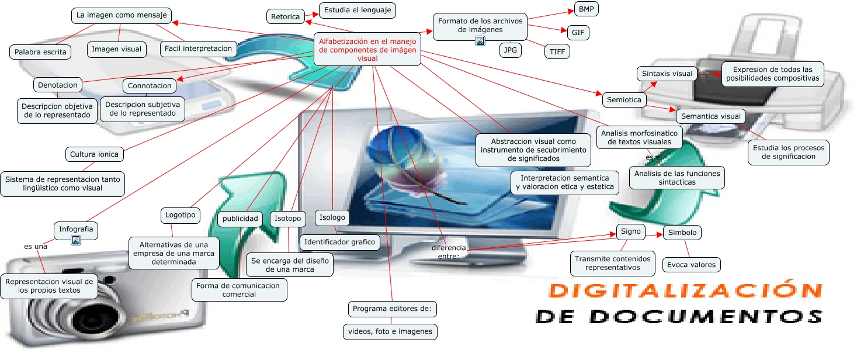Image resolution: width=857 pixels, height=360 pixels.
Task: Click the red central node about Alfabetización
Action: tap(367, 50)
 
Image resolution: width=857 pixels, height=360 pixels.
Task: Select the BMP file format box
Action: tap(587, 9)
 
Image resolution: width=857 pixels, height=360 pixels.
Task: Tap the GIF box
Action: tap(578, 33)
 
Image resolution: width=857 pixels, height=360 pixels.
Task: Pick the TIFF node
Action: tap(557, 51)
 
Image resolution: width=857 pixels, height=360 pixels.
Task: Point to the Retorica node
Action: tap(285, 17)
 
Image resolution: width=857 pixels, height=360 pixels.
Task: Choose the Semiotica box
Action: tap(624, 100)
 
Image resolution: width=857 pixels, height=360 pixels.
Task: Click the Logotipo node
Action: tap(180, 214)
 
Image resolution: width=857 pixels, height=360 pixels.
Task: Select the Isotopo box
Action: tap(288, 219)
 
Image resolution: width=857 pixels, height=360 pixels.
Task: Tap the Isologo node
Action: tap(332, 217)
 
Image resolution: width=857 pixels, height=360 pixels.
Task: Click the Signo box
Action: tap(630, 231)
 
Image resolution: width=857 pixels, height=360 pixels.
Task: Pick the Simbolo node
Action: tap(682, 233)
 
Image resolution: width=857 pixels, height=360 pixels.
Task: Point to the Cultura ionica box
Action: tap(94, 155)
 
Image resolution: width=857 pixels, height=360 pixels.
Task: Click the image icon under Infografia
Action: tap(76, 240)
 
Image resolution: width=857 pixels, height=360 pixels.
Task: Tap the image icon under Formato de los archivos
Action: tap(480, 41)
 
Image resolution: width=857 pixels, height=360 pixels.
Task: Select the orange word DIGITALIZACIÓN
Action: tap(685, 290)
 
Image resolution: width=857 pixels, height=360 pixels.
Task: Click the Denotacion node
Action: tap(57, 85)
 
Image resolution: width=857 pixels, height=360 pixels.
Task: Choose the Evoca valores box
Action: tap(691, 265)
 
